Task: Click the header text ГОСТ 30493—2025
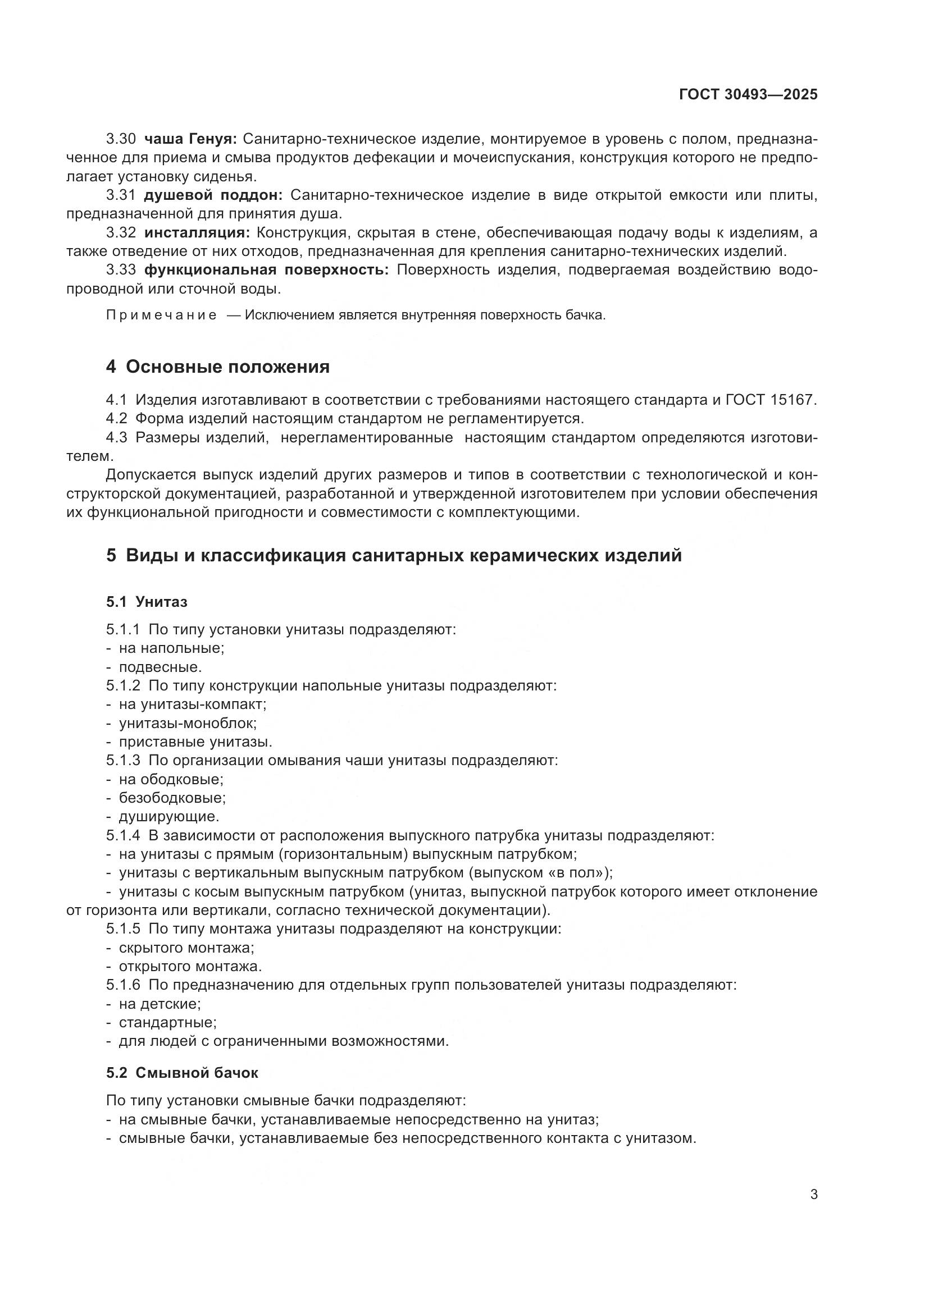click(748, 95)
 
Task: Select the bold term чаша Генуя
click(190, 139)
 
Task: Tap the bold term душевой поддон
click(213, 195)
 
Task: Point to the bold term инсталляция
click(197, 233)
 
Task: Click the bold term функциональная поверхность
click(267, 270)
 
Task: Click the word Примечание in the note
click(161, 315)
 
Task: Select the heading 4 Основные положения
click(218, 367)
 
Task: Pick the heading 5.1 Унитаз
click(147, 602)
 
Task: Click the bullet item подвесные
click(160, 667)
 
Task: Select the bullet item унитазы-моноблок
click(188, 724)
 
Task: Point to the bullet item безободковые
click(172, 798)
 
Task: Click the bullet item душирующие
click(169, 817)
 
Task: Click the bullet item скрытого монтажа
click(186, 948)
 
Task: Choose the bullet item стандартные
click(167, 1022)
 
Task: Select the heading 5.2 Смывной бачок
click(182, 1073)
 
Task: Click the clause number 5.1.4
click(123, 835)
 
